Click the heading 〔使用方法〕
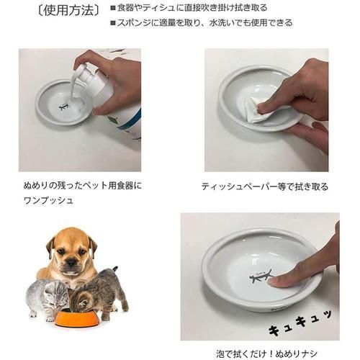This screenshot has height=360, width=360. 69,11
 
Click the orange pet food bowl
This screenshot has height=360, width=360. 77,318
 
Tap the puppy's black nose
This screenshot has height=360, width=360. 71,261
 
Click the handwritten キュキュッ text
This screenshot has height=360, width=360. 300,323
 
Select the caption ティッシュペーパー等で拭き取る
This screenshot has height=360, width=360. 265,186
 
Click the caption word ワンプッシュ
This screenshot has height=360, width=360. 48,200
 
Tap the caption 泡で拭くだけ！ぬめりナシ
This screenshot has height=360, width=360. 266,354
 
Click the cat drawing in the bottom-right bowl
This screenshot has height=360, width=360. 261,277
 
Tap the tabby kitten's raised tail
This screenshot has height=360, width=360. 114,271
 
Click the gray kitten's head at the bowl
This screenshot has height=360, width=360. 55,295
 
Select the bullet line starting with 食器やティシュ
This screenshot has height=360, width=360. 189,8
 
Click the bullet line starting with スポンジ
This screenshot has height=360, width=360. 202,23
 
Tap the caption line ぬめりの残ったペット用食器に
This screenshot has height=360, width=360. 83,186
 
